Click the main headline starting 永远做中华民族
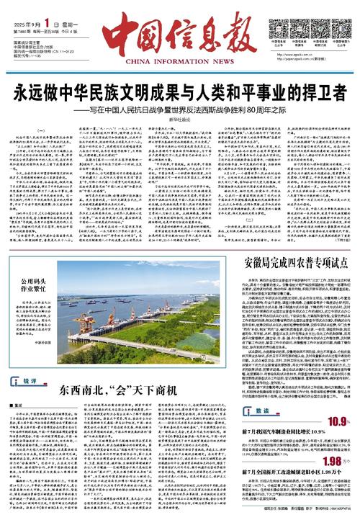click(179, 96)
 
